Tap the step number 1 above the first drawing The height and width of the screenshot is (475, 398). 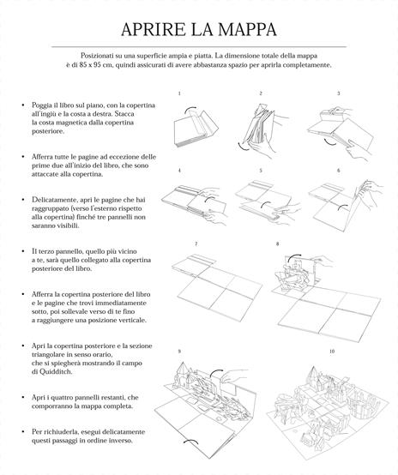[179, 93]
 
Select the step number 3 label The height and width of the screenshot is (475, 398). [338, 93]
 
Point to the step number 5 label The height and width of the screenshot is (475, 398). [259, 171]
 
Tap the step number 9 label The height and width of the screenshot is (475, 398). [179, 352]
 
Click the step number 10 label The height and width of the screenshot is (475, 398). [331, 352]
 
